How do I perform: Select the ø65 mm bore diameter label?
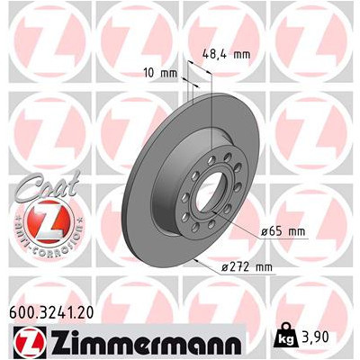(x=283, y=231)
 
